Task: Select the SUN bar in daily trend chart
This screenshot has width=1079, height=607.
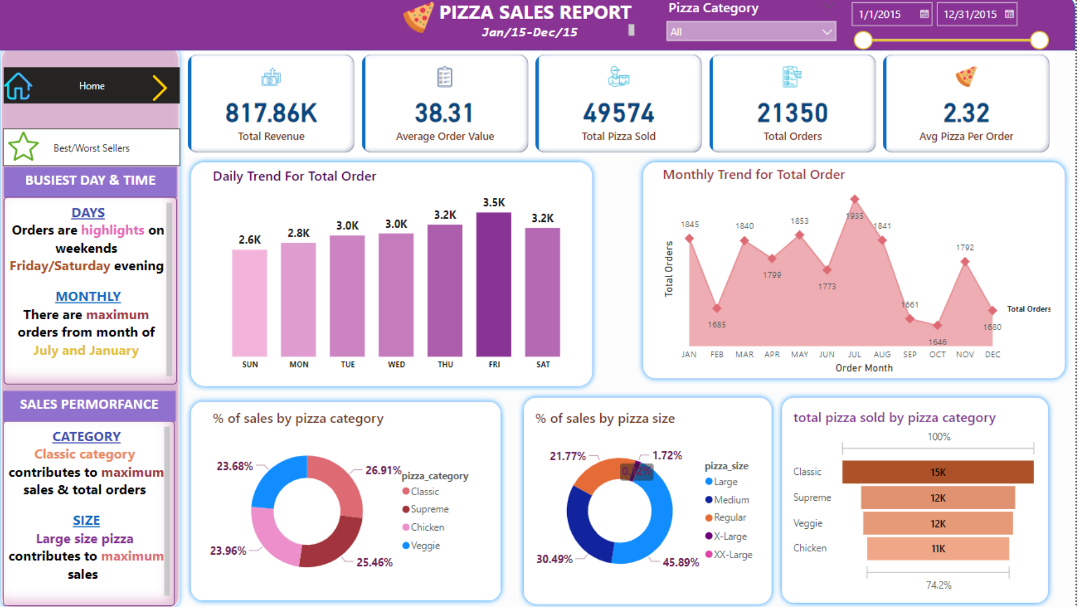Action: pos(250,303)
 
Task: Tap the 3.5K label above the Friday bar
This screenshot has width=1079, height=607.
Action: pos(493,202)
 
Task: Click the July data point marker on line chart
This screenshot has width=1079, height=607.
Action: pos(854,199)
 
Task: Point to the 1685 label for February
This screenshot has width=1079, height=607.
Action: pos(717,325)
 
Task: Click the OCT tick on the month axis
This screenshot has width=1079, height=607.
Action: pos(937,355)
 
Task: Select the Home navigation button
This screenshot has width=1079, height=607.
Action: pos(92,86)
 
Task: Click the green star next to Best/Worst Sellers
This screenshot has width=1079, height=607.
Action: pos(24,147)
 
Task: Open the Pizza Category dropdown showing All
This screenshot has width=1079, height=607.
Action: pos(751,32)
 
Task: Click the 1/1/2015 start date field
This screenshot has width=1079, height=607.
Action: pos(881,15)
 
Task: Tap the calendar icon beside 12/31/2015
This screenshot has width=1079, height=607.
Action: pos(1009,14)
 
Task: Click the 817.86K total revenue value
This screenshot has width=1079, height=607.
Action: pos(271,113)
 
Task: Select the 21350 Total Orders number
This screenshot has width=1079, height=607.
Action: pos(792,113)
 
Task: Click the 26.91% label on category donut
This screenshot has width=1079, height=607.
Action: pos(383,470)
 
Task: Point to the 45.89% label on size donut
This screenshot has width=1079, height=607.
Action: pos(681,562)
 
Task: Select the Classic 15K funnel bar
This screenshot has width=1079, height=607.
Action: pos(937,472)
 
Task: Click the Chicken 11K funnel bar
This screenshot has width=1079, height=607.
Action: pos(937,549)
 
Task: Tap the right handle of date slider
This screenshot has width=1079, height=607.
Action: pos(1039,40)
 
